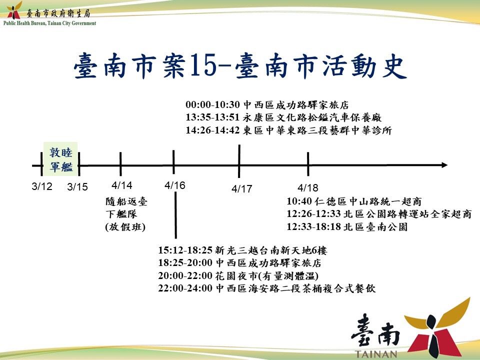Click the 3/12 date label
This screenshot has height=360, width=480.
click(42, 186)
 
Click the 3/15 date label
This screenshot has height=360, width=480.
click(77, 186)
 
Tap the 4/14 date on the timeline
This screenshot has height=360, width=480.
click(122, 185)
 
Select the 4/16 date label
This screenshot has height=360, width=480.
click(175, 185)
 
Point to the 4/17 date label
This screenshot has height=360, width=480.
click(242, 188)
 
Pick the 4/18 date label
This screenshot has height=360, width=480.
click(308, 187)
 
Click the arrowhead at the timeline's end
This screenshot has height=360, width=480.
click(444, 165)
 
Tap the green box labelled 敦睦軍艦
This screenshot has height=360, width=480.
click(60, 159)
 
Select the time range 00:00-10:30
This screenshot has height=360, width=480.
click(212, 104)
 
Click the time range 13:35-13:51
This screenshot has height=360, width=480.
click(212, 117)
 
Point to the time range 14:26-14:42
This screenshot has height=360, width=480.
click(212, 130)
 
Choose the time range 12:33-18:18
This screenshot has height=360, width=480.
click(313, 227)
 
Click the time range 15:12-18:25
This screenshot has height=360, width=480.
click(185, 250)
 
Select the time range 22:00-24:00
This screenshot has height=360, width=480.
click(185, 288)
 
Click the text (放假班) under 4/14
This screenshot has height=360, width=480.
click(125, 227)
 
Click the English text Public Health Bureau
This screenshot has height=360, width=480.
click(25, 23)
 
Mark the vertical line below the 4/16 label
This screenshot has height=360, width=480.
click(175, 215)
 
